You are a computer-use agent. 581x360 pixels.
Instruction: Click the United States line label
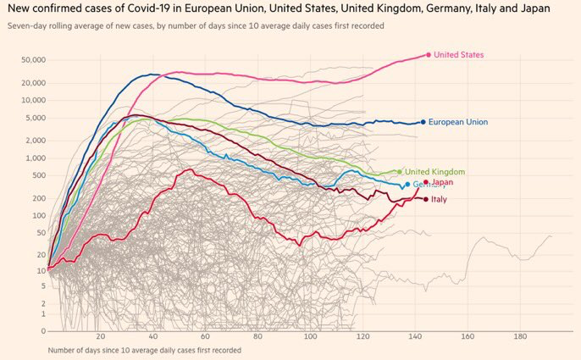tap(458, 55)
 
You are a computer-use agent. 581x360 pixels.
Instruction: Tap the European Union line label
tap(458, 122)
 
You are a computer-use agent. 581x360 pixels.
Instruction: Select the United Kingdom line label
tap(434, 172)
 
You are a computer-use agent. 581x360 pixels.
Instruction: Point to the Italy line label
tap(440, 200)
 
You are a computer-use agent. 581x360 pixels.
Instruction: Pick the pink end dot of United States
tap(428, 54)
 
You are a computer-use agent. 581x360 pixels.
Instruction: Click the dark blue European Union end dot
tap(423, 122)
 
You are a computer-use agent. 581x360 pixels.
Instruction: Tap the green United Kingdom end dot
tap(400, 172)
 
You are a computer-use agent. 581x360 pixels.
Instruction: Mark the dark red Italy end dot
tap(425, 199)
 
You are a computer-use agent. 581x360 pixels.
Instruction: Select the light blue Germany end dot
tap(407, 185)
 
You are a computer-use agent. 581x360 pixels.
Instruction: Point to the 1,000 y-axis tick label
tap(34, 158)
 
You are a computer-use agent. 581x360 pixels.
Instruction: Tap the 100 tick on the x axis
tap(310, 335)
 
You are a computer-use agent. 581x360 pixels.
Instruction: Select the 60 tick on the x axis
tap(206, 335)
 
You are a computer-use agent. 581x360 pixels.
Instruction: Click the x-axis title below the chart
tap(144, 349)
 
